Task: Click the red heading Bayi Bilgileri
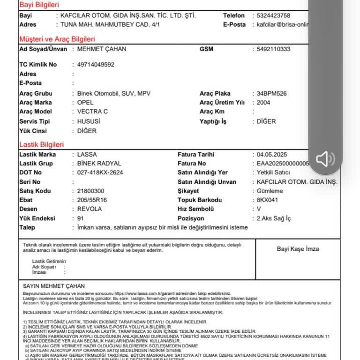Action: pyautogui.click(x=39, y=5)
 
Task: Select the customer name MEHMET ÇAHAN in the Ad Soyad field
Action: pyautogui.click(x=101, y=49)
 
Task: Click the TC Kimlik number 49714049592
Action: pyautogui.click(x=96, y=65)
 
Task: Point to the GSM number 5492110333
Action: pyautogui.click(x=274, y=49)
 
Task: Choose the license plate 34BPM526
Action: pyautogui.click(x=272, y=93)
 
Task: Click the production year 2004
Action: pyautogui.click(x=263, y=102)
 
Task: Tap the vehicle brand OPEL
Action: pyautogui.click(x=85, y=102)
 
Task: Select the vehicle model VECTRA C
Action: pyautogui.click(x=92, y=112)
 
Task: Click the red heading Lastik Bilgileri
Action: pyautogui.click(x=41, y=145)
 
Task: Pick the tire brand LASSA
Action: pyautogui.click(x=87, y=154)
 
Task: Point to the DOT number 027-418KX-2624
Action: pyautogui.click(x=100, y=172)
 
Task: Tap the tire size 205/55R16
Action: pyautogui.click(x=92, y=200)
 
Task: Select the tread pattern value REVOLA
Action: pyautogui.click(x=90, y=209)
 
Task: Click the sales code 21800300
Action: pyautogui.click(x=90, y=191)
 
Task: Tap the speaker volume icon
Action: pyautogui.click(x=325, y=159)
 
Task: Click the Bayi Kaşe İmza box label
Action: pyautogui.click(x=298, y=249)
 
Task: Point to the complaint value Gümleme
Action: pyautogui.click(x=270, y=191)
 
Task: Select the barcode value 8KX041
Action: pyautogui.click(x=268, y=200)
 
